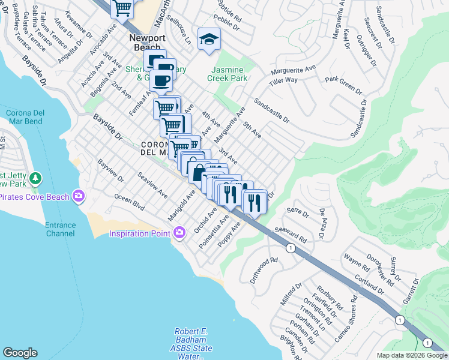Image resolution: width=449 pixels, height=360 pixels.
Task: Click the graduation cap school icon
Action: tap(209, 40)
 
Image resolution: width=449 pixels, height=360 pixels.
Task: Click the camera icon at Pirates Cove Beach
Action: tap(78, 196)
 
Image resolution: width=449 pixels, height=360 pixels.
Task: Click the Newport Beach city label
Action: tap(147, 42)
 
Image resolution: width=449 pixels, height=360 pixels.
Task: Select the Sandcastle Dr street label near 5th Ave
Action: tap(271, 111)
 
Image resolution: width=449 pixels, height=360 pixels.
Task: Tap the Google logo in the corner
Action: tap(20, 352)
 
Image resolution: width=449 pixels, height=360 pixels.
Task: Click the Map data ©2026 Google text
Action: tap(411, 355)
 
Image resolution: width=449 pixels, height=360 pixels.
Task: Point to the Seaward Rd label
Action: tap(290, 234)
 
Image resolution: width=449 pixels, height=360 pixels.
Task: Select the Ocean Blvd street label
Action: tap(130, 202)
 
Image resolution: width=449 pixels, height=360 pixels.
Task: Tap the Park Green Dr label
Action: tap(343, 85)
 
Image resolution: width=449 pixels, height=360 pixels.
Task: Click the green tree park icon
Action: tap(36, 179)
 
